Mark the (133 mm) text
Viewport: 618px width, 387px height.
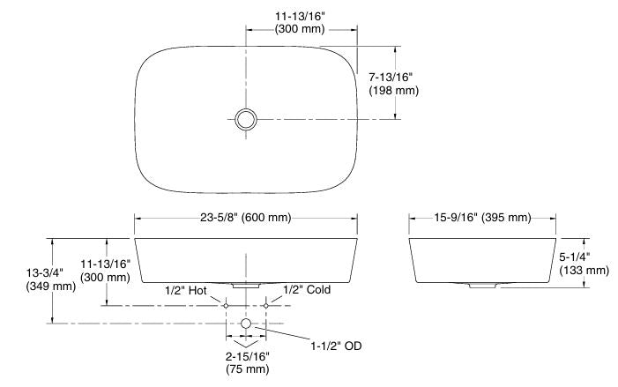pos(584,270)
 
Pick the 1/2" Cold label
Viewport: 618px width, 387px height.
pos(307,289)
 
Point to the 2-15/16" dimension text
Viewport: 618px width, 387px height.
pos(247,355)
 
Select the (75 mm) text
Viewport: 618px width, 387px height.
pos(247,369)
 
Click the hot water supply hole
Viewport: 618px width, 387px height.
pos(226,305)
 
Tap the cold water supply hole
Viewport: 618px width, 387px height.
pos(265,305)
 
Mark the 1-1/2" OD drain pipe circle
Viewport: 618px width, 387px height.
pos(246,324)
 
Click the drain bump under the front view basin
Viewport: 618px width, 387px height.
pos(245,286)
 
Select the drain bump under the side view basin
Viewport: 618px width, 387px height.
pos(482,286)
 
